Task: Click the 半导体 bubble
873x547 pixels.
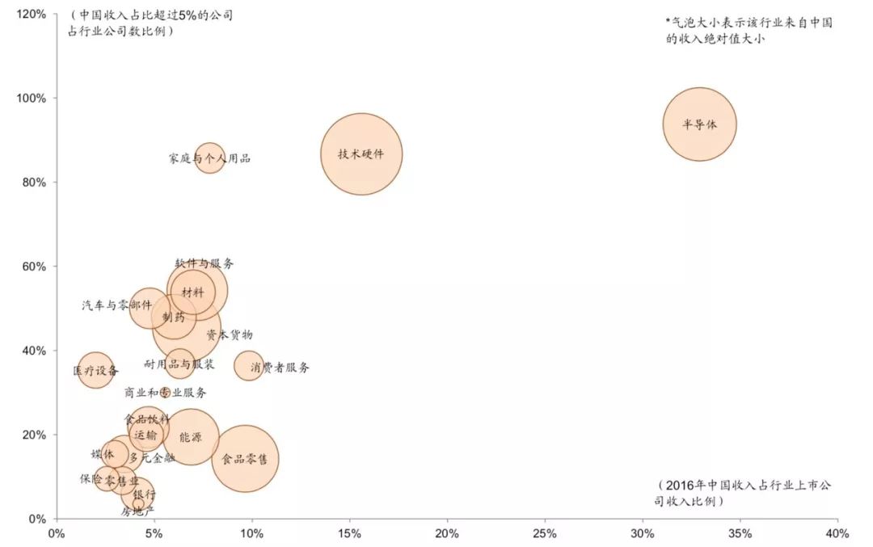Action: (700, 124)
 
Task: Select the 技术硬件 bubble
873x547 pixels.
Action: (361, 154)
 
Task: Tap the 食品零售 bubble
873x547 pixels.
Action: (245, 459)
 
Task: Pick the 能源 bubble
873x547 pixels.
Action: (190, 437)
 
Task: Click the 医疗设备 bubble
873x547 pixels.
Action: (95, 371)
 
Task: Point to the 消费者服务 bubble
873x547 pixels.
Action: (249, 367)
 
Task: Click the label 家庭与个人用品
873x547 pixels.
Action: (209, 158)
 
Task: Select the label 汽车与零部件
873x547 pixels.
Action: (116, 305)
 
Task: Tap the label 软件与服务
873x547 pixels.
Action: (205, 263)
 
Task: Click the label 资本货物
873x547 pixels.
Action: (229, 334)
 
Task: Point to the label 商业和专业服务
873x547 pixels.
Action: (165, 393)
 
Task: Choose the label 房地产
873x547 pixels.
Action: (137, 511)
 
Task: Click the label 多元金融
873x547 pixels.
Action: (152, 458)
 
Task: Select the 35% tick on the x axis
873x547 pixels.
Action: (740, 533)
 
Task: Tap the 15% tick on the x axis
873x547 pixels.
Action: (349, 533)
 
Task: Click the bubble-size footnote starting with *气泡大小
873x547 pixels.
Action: (749, 31)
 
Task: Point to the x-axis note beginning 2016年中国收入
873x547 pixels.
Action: (744, 493)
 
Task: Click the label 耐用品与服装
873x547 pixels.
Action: (179, 364)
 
